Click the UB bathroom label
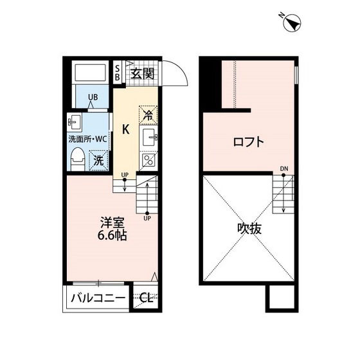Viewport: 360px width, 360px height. tap(93, 98)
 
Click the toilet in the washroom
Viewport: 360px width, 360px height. tap(76, 157)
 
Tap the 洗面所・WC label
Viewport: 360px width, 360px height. tap(88, 138)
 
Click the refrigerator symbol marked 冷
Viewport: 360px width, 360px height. tap(148, 116)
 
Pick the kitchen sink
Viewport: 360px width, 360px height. tap(149, 136)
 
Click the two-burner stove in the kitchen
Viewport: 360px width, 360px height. tap(148, 159)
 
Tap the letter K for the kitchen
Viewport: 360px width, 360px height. tap(127, 127)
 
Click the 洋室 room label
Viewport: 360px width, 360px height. tap(113, 222)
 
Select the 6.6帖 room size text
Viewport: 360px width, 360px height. tap(113, 235)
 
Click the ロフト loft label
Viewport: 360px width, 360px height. tap(248, 142)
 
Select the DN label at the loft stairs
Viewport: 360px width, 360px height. tap(283, 170)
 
